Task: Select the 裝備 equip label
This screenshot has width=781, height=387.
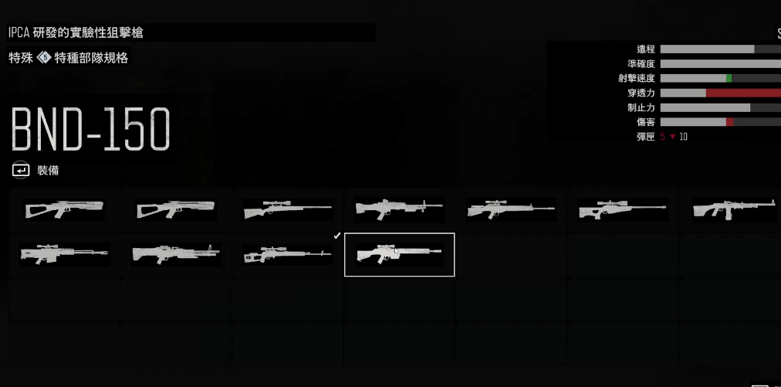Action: point(48,170)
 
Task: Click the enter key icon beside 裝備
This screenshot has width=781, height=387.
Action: point(21,170)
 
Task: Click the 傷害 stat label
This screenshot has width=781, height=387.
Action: point(645,122)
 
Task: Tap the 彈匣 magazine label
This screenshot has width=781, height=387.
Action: point(645,137)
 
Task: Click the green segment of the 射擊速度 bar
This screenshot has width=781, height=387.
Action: point(729,79)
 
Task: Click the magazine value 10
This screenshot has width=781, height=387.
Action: point(684,137)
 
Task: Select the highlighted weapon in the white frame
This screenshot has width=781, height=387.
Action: point(399,254)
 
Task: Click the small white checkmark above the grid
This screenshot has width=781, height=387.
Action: point(336,235)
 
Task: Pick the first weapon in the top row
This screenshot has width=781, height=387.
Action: point(65,209)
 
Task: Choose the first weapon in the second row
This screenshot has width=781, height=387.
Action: point(65,254)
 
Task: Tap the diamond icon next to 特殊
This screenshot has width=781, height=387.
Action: point(44,58)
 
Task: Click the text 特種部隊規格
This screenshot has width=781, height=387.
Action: point(91,58)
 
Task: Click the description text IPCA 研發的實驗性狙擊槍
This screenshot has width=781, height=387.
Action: point(76,32)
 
